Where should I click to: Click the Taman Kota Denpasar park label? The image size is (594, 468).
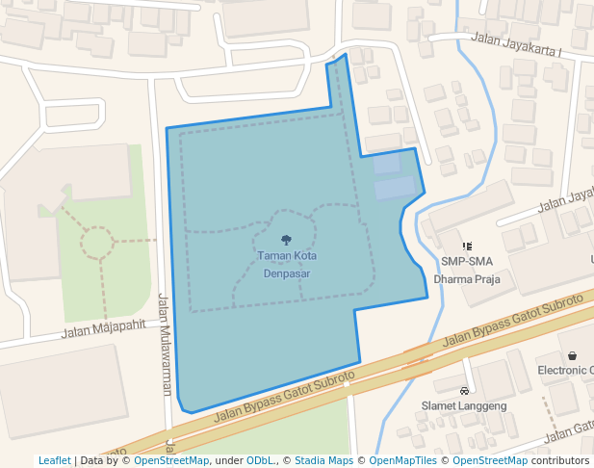[286, 264]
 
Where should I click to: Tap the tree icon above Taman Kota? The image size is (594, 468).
[286, 240]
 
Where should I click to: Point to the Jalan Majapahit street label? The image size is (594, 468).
[104, 329]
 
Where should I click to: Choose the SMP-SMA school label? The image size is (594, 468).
[467, 261]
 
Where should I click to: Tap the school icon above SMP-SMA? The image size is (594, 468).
[467, 247]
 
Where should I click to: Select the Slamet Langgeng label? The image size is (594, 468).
[464, 405]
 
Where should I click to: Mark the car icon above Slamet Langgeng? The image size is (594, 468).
[464, 391]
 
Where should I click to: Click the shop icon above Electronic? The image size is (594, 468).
[573, 355]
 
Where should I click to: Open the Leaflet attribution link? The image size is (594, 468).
[55, 460]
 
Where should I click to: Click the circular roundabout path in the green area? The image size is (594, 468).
[96, 242]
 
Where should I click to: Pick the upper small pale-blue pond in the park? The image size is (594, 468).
[386, 164]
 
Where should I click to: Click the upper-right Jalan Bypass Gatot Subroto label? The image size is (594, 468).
[513, 319]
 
